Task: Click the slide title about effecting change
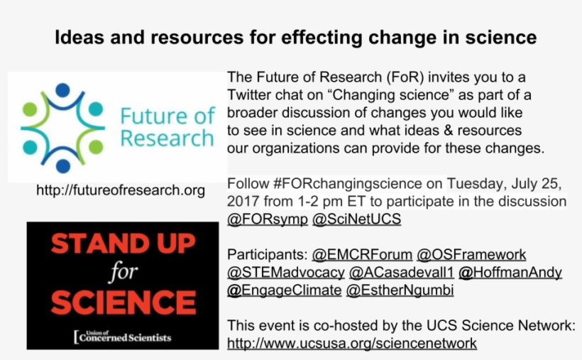(295, 37)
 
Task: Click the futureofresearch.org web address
(121, 190)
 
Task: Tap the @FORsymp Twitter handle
(268, 219)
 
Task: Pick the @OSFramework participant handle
(471, 255)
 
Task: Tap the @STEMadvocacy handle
(285, 273)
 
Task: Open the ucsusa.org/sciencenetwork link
(351, 344)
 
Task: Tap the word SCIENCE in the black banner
(123, 302)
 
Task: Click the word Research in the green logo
(166, 138)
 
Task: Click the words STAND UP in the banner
(123, 244)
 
